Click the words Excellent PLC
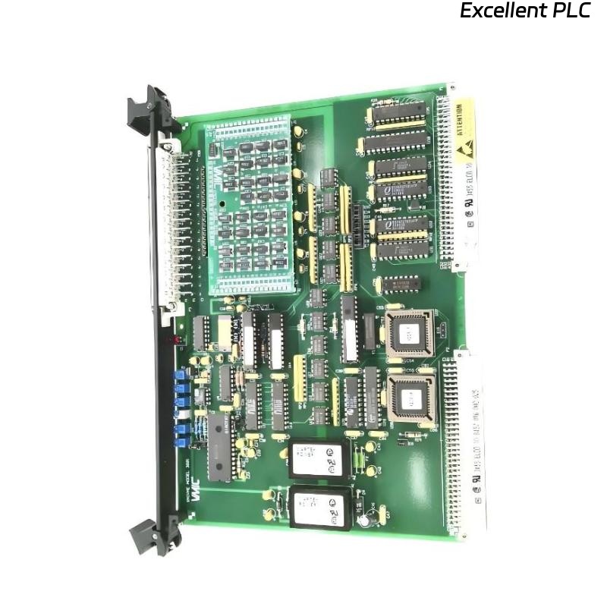525,11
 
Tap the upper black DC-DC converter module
318,457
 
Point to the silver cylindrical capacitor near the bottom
366,522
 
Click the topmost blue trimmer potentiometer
180,374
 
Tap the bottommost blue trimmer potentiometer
183,439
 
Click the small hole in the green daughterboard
220,203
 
